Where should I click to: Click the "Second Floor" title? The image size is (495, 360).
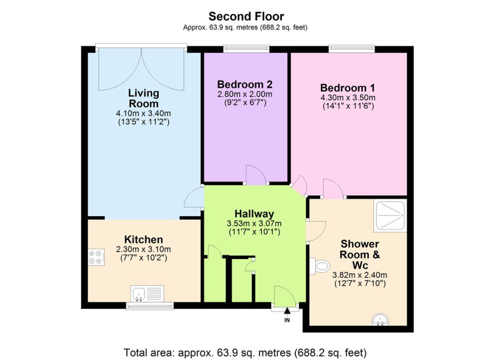pyautogui.click(x=246, y=16)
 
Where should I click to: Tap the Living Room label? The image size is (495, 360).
pyautogui.click(x=144, y=98)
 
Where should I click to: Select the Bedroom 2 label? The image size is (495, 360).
pyautogui.click(x=245, y=84)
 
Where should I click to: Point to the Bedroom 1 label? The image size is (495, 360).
pyautogui.click(x=348, y=87)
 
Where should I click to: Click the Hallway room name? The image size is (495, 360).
pyautogui.click(x=254, y=214)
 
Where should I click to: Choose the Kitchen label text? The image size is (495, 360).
pyautogui.click(x=144, y=239)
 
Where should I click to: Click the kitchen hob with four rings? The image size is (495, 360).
pyautogui.click(x=96, y=257)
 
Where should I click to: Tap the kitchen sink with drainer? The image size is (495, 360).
pyautogui.click(x=147, y=293)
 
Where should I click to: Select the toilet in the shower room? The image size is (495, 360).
pyautogui.click(x=320, y=266)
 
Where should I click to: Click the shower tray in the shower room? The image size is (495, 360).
pyautogui.click(x=390, y=216)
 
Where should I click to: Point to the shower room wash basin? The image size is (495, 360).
pyautogui.click(x=380, y=319)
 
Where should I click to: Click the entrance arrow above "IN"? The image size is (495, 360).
pyautogui.click(x=287, y=311)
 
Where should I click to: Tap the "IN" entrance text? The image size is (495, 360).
pyautogui.click(x=287, y=320)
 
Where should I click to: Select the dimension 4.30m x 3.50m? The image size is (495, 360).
pyautogui.click(x=348, y=98)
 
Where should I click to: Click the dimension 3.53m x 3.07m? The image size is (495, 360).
pyautogui.click(x=254, y=224)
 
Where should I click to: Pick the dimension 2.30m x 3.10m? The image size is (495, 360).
pyautogui.click(x=144, y=249)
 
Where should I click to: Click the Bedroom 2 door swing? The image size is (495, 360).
pyautogui.click(x=256, y=174)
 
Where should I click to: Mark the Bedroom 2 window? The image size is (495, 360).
pyautogui.click(x=246, y=49)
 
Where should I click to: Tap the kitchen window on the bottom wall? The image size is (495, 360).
pyautogui.click(x=150, y=306)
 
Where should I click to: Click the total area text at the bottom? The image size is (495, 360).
pyautogui.click(x=245, y=352)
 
